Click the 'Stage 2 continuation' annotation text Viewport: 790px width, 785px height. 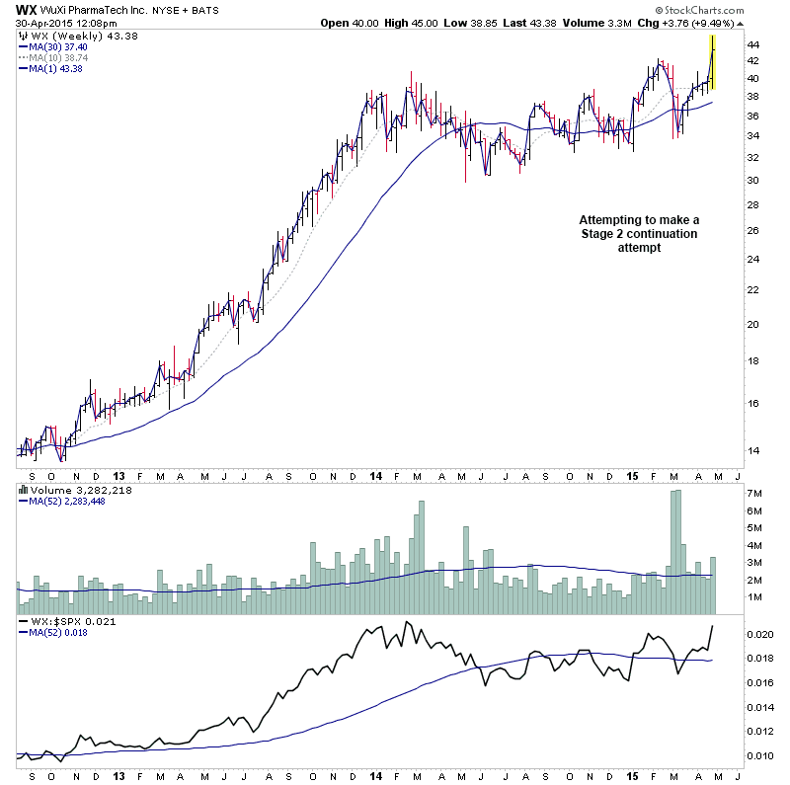(x=638, y=234)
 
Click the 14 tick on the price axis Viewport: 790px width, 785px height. (x=751, y=451)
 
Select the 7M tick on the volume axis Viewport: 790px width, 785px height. (x=754, y=493)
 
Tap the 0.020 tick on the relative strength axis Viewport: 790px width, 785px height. (x=758, y=633)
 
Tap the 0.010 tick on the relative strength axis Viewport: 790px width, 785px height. (x=758, y=756)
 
